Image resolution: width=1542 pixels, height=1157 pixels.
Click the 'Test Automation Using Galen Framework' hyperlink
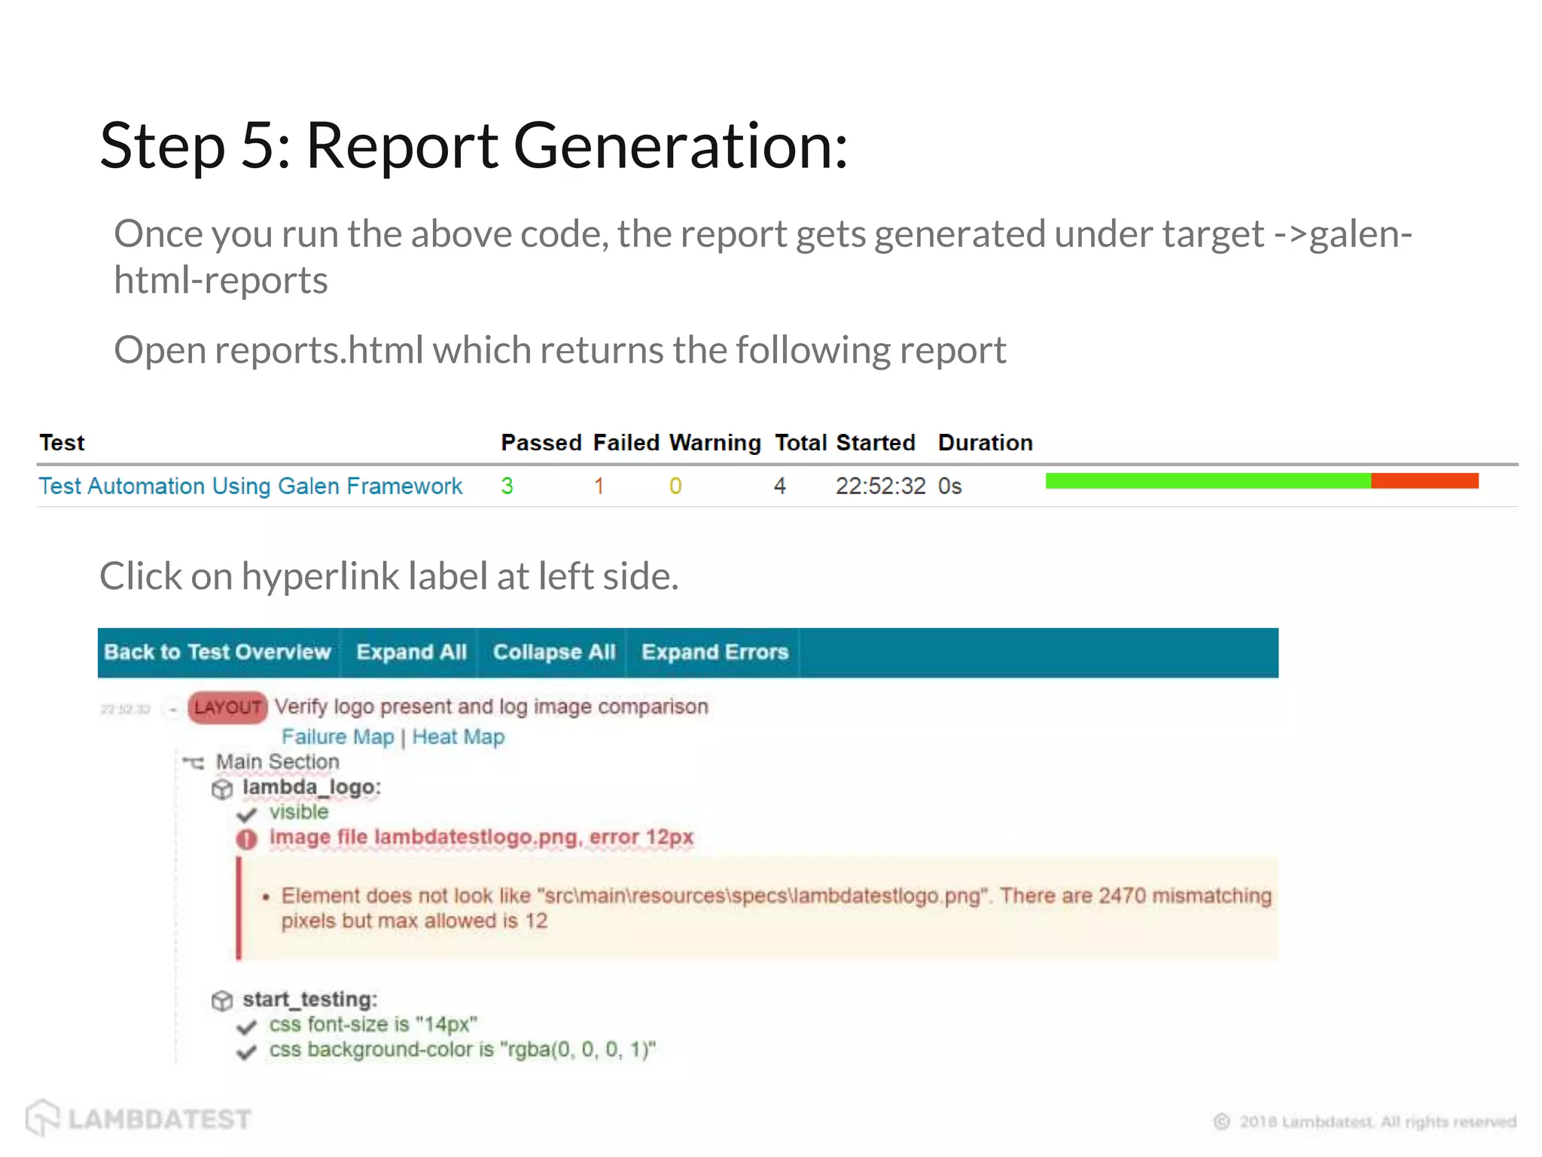pyautogui.click(x=250, y=486)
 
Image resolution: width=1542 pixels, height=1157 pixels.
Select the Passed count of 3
pyautogui.click(x=507, y=486)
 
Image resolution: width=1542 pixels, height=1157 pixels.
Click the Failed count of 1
pyautogui.click(x=599, y=486)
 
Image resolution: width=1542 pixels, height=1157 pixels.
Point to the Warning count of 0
pyautogui.click(x=675, y=486)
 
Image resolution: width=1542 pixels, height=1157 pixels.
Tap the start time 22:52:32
pyautogui.click(x=880, y=486)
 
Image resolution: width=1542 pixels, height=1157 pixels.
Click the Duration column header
pyautogui.click(x=985, y=443)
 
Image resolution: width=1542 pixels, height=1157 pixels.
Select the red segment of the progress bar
pyautogui.click(x=1425, y=481)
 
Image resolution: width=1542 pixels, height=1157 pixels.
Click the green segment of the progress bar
pyautogui.click(x=1208, y=481)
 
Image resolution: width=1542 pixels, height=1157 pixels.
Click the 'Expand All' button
pyautogui.click(x=411, y=652)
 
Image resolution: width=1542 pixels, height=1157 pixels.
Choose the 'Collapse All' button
pyautogui.click(x=554, y=652)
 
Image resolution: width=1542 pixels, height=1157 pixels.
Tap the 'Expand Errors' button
pyautogui.click(x=715, y=652)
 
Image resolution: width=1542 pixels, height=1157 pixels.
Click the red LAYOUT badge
pyautogui.click(x=227, y=708)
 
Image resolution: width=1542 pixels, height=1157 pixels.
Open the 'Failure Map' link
pyautogui.click(x=337, y=737)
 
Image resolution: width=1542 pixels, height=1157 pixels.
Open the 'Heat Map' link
pyautogui.click(x=458, y=737)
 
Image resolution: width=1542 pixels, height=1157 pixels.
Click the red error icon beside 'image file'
pyautogui.click(x=246, y=838)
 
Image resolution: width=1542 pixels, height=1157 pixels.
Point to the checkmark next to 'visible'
pyautogui.click(x=246, y=814)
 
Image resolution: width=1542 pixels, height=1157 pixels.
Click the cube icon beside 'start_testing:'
pyautogui.click(x=222, y=1001)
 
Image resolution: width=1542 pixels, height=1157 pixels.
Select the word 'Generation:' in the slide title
pyautogui.click(x=681, y=145)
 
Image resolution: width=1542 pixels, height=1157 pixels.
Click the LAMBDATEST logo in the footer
pyautogui.click(x=139, y=1119)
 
